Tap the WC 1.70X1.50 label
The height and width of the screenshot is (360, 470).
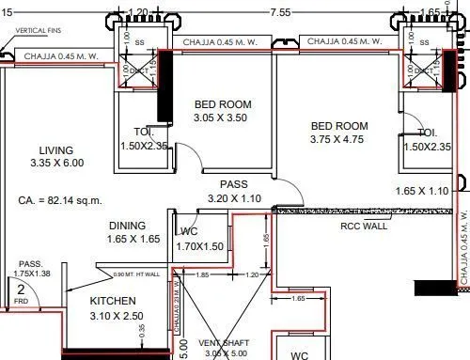click(x=198, y=239)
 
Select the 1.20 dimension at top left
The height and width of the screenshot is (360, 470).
click(x=137, y=12)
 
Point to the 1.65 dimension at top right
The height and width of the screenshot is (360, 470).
click(x=430, y=12)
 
